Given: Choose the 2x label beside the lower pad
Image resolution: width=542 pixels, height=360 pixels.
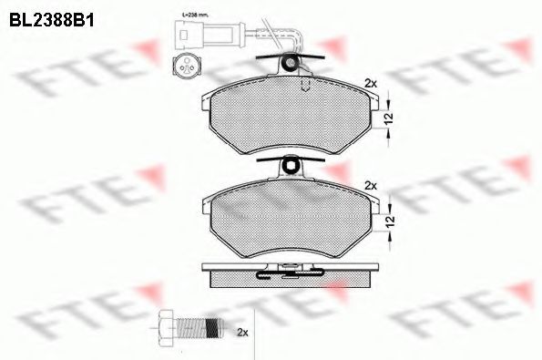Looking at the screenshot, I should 370,185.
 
